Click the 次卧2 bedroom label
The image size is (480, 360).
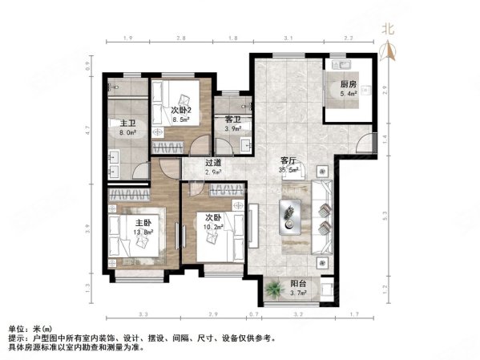tap(182, 111)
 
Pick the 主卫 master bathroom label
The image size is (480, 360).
tap(117, 123)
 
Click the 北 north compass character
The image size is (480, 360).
tap(391, 27)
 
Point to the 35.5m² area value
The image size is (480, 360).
tap(288, 169)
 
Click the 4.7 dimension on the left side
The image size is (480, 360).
tap(88, 127)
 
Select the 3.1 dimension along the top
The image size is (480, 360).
tap(288, 38)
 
